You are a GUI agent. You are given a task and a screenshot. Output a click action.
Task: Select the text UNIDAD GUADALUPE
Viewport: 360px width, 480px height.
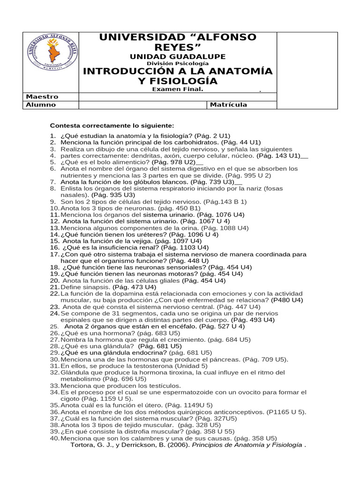pyautogui.click(x=178, y=57)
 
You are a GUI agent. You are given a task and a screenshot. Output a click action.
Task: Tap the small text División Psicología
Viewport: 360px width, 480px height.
pyautogui.click(x=178, y=63)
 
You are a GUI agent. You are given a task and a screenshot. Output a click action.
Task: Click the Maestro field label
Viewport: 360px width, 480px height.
pyautogui.click(x=43, y=97)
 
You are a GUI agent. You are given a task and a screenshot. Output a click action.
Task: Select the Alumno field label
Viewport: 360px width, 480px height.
pyautogui.click(x=41, y=105)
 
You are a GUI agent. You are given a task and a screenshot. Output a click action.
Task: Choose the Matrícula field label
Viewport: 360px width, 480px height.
pyautogui.click(x=228, y=105)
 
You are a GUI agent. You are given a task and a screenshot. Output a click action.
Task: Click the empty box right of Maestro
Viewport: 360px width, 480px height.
pyautogui.click(x=178, y=97)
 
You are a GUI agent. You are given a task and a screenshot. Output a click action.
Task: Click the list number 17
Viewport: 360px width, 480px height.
pyautogui.click(x=54, y=254)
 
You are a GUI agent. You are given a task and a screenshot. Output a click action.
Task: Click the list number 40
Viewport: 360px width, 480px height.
pyautogui.click(x=54, y=438)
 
